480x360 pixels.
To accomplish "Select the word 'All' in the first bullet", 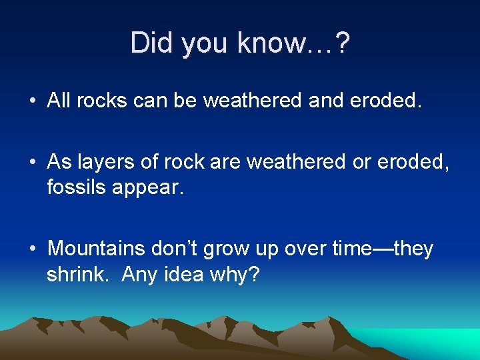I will tap(59, 101).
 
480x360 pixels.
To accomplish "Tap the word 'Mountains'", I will tap(97, 249).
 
